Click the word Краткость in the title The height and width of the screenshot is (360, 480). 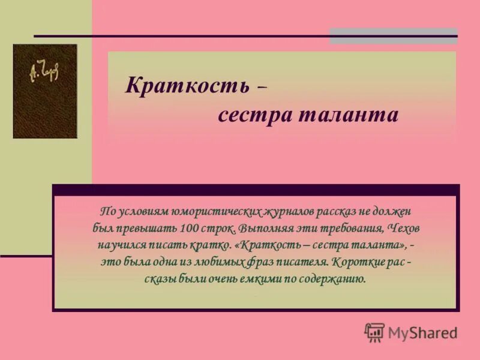[x=187, y=86]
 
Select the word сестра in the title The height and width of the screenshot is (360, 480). [x=254, y=115]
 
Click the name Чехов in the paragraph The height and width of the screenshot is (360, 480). [x=404, y=229]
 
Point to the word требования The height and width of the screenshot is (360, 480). [x=350, y=229]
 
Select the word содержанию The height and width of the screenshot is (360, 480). [x=332, y=279]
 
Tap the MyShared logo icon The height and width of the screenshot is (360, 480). [x=374, y=332]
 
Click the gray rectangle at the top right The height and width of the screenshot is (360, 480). [x=393, y=35]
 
